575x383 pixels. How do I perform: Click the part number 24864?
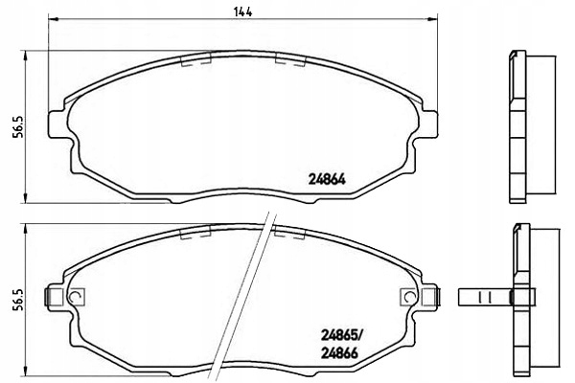coord(327,176)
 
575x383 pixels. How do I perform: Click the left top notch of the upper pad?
coord(195,60)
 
